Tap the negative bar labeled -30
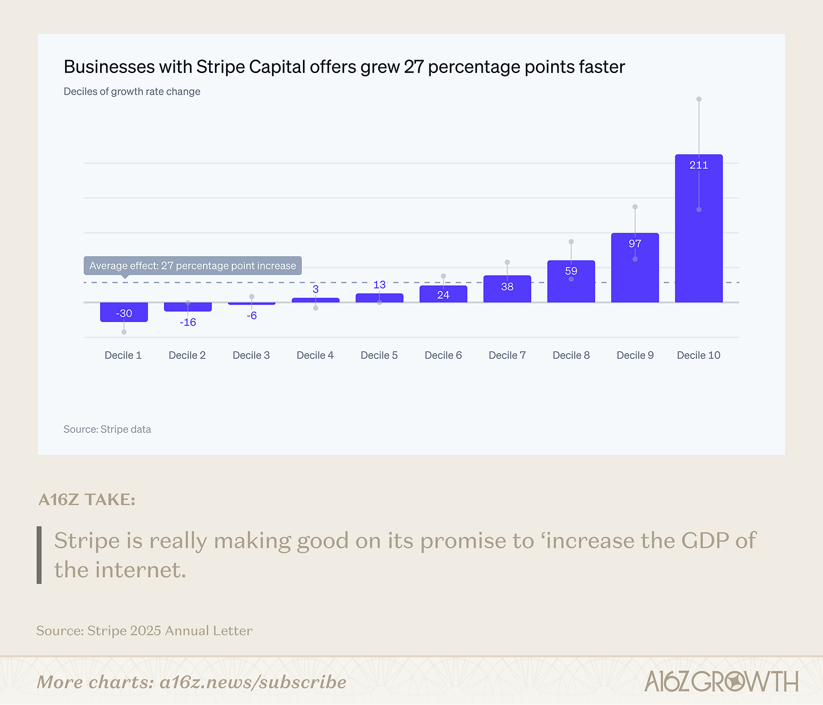click(x=124, y=312)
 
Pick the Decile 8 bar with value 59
click(x=571, y=286)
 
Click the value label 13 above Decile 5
click(x=379, y=285)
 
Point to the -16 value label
click(x=188, y=322)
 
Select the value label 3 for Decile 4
click(x=315, y=289)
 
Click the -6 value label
click(x=252, y=315)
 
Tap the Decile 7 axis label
click(x=507, y=355)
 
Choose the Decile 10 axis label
click(x=699, y=355)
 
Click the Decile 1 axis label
click(x=123, y=355)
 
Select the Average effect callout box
click(x=193, y=266)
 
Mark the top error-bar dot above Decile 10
click(x=699, y=99)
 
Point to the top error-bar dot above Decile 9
click(x=635, y=207)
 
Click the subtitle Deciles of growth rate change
click(x=132, y=92)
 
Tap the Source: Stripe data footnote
click(x=107, y=429)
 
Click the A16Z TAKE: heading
click(x=87, y=500)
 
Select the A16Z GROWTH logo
click(x=721, y=681)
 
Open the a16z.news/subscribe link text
click(x=253, y=682)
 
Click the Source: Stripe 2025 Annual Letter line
click(x=144, y=631)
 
